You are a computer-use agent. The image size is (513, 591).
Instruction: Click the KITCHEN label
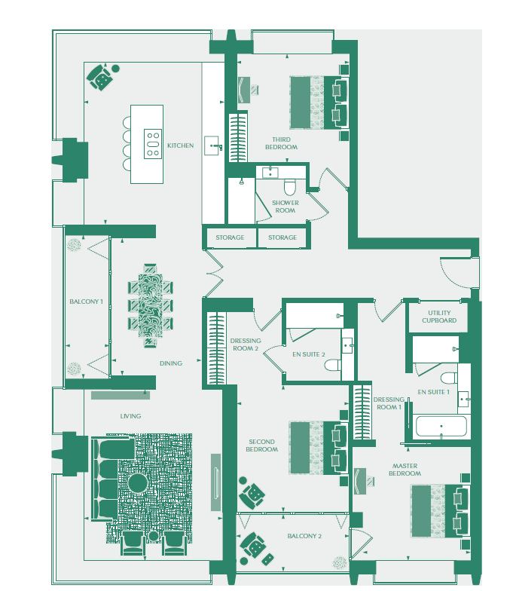pyautogui.click(x=181, y=145)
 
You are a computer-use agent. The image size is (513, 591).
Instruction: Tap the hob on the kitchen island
pyautogui.click(x=153, y=143)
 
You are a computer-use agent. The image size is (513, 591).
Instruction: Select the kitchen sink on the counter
pyautogui.click(x=212, y=145)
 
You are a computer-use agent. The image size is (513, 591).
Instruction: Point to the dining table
pyautogui.click(x=151, y=305)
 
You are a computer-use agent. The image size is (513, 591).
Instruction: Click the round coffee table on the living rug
pyautogui.click(x=137, y=482)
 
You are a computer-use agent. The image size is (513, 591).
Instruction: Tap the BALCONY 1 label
pyautogui.click(x=86, y=302)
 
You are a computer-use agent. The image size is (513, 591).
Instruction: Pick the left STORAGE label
pyautogui.click(x=230, y=237)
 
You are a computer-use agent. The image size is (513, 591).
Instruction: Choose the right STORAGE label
pyautogui.click(x=282, y=237)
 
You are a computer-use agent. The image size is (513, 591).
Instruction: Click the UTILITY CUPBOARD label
pyautogui.click(x=439, y=317)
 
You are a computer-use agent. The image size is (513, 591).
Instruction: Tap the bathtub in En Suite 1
pyautogui.click(x=441, y=427)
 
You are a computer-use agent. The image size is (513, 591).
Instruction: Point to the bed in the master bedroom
pyautogui.click(x=440, y=511)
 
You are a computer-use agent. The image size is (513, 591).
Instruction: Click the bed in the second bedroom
pyautogui.click(x=319, y=448)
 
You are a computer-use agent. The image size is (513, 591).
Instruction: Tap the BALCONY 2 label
pyautogui.click(x=304, y=536)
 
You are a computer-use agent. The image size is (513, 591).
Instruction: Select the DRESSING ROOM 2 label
pyautogui.click(x=246, y=344)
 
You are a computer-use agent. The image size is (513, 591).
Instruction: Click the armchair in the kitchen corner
pyautogui.click(x=99, y=78)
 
